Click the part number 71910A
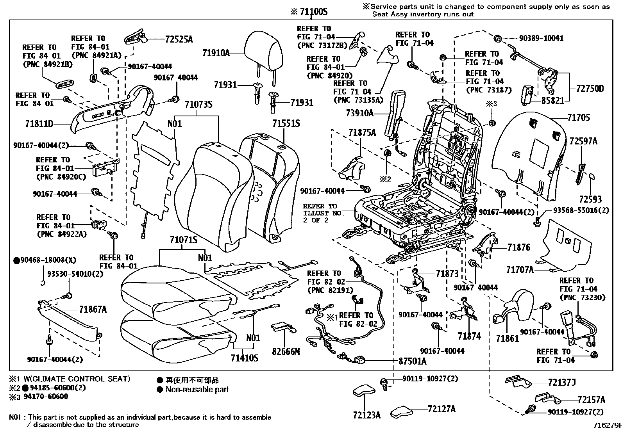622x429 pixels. (x=216, y=53)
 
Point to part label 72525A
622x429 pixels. (x=179, y=39)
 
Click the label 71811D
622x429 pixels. (x=39, y=125)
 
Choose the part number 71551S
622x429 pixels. (x=286, y=124)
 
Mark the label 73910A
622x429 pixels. (x=360, y=113)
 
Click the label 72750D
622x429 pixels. (x=590, y=89)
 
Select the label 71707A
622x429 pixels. (x=520, y=269)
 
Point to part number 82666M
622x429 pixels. (x=286, y=351)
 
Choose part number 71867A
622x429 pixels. (x=93, y=310)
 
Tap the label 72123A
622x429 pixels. (x=366, y=415)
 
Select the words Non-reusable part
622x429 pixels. (x=197, y=390)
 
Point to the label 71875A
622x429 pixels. (x=362, y=133)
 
